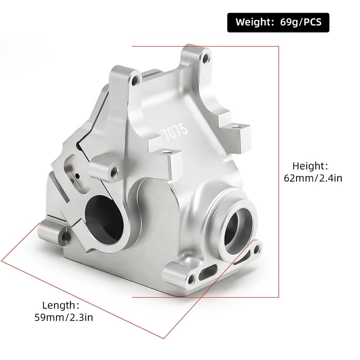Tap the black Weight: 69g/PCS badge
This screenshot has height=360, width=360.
[278, 22]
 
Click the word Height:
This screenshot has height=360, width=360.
[310, 166]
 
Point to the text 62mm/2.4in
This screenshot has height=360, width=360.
[313, 178]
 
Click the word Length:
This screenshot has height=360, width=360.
[61, 305]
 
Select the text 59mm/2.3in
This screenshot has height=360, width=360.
[64, 318]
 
